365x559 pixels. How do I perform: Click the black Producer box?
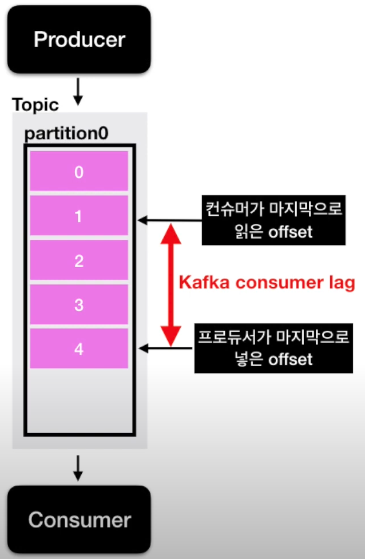pyautogui.click(x=79, y=40)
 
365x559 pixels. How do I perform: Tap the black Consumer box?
pyautogui.click(x=79, y=520)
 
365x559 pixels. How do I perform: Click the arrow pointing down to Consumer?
pyautogui.click(x=79, y=469)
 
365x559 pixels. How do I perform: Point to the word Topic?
pyautogui.click(x=35, y=105)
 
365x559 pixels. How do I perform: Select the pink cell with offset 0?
pyautogui.click(x=79, y=172)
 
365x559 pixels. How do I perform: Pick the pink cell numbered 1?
pyautogui.click(x=79, y=216)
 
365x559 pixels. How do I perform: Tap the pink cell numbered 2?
pyautogui.click(x=79, y=261)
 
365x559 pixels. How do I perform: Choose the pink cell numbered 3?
pyautogui.click(x=79, y=305)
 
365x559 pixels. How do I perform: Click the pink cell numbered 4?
pyautogui.click(x=79, y=348)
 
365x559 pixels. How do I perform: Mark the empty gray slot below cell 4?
pyautogui.click(x=79, y=401)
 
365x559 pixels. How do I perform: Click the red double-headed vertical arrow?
pyautogui.click(x=169, y=284)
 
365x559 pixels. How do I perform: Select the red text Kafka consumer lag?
pyautogui.click(x=267, y=282)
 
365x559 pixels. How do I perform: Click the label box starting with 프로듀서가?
pyautogui.click(x=272, y=348)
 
